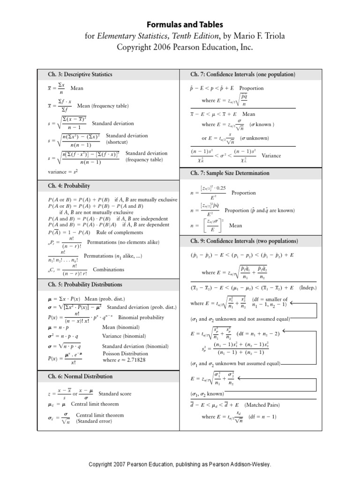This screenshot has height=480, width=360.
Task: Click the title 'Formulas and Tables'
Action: click(x=180, y=24)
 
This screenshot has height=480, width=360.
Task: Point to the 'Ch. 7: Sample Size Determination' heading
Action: click(x=230, y=173)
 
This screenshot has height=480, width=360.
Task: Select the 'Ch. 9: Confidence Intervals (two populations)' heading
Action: click(x=244, y=241)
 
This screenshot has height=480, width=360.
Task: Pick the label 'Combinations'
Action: click(x=109, y=270)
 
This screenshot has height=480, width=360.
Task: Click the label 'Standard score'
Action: click(x=115, y=394)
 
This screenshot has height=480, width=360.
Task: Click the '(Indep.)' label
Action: click(x=308, y=287)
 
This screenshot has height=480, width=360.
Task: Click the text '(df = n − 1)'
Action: click(x=263, y=417)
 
